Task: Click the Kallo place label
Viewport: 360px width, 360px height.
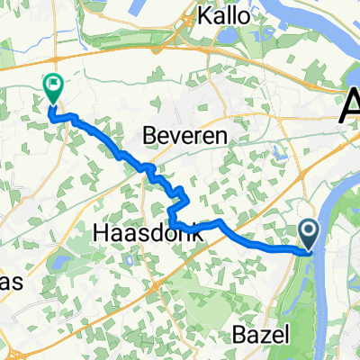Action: click(x=226, y=17)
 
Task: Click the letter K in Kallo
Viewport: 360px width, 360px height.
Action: click(x=205, y=17)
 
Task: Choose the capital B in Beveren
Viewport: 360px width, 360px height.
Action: click(x=150, y=134)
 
